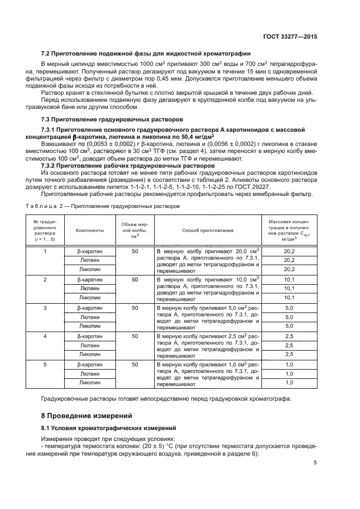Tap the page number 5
(x=315, y=463)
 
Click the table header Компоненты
(x=89, y=230)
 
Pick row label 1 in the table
(x=45, y=251)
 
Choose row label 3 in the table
(x=45, y=308)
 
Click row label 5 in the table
(x=45, y=364)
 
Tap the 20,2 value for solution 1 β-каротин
(x=289, y=251)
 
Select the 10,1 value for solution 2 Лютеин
(x=289, y=289)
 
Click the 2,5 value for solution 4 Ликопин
(x=289, y=354)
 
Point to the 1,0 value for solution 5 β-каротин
(x=289, y=364)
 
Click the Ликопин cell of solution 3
(x=89, y=326)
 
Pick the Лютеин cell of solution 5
(x=89, y=373)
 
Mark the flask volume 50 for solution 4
(x=135, y=336)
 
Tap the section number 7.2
(x=47, y=53)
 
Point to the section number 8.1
(x=47, y=428)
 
